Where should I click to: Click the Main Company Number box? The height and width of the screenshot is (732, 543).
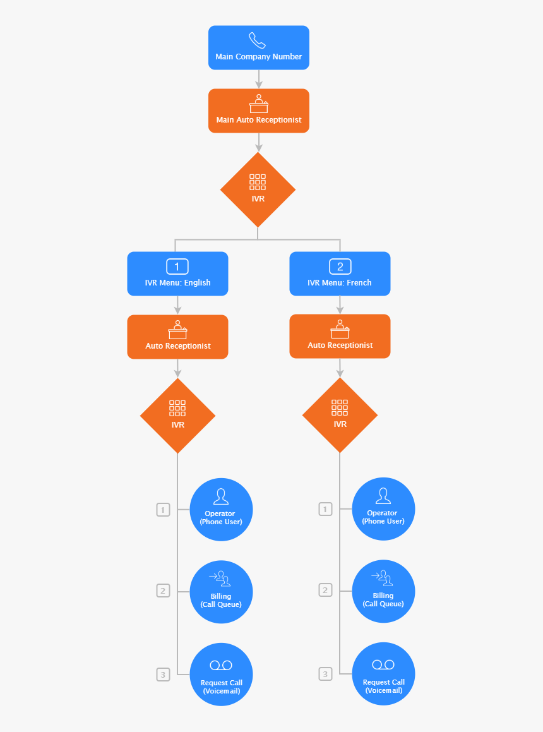click(x=259, y=47)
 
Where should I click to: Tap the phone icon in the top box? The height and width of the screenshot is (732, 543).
click(x=258, y=40)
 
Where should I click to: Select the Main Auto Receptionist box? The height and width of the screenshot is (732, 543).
click(x=259, y=111)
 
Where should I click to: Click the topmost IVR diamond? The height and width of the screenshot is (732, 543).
click(x=258, y=189)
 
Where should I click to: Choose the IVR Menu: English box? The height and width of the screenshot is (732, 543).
click(x=177, y=273)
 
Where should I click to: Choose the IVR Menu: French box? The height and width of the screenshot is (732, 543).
click(x=340, y=273)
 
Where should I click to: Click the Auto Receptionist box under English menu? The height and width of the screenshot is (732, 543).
click(x=177, y=337)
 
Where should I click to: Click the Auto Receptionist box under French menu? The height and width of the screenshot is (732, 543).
click(x=340, y=336)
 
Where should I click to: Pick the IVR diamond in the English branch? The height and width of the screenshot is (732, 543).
click(x=177, y=415)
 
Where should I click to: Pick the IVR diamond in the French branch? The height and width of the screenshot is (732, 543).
click(x=340, y=415)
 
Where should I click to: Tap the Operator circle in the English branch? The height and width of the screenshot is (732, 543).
click(x=221, y=509)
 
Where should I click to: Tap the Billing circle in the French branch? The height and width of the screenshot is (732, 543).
click(x=383, y=591)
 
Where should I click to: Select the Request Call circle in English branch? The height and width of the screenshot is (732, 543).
click(x=221, y=674)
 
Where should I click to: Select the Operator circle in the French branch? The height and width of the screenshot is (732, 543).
click(x=383, y=509)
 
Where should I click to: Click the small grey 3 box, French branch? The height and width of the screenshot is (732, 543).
click(x=325, y=674)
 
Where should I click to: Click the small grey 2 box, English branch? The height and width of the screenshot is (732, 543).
click(x=163, y=591)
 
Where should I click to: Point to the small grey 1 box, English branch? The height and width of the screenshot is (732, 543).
click(x=163, y=509)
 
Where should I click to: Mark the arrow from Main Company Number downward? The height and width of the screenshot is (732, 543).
click(x=258, y=79)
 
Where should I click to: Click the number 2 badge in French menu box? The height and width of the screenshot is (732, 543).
click(x=340, y=266)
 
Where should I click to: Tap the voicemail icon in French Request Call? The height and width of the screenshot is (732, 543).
click(x=383, y=664)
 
